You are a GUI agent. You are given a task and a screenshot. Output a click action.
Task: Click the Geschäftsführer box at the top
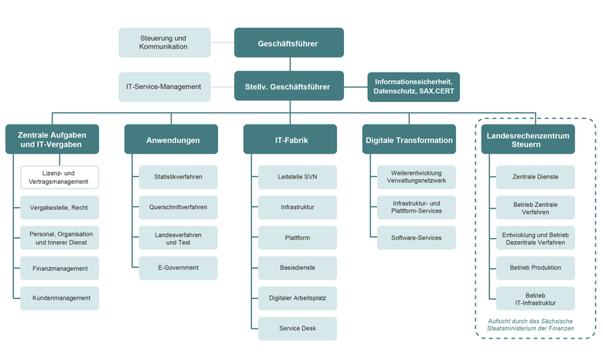tap(288, 43)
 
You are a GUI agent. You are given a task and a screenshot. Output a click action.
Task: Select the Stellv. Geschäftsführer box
tap(288, 87)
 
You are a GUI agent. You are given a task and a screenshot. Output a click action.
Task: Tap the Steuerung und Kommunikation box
tap(164, 42)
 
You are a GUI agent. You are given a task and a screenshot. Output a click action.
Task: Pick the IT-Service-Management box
tap(164, 87)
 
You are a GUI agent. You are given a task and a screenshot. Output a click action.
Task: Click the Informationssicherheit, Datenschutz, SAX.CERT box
tap(414, 87)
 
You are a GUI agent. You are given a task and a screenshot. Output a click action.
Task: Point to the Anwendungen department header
tap(172, 140)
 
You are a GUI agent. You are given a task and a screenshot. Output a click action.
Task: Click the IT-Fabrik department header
tap(291, 140)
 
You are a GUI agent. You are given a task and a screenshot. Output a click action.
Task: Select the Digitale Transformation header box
tap(408, 140)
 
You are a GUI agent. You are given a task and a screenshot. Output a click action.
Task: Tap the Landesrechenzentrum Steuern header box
tap(528, 140)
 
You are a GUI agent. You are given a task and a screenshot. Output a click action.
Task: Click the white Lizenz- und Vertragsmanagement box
tap(60, 177)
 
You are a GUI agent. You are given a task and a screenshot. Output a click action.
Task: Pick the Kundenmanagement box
tap(60, 297)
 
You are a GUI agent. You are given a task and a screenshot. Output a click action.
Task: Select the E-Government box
tap(179, 267)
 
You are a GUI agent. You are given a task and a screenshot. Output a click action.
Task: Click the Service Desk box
tap(298, 328)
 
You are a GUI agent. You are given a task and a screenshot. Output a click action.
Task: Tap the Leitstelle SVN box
tap(298, 177)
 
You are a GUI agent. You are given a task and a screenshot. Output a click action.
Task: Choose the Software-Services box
tap(417, 237)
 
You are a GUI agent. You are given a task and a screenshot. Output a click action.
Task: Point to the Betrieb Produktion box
tap(536, 267)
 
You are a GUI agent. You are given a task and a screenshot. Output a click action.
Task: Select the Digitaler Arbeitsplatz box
tap(298, 297)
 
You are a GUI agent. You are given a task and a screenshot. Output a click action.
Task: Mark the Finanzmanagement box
tap(60, 268)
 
